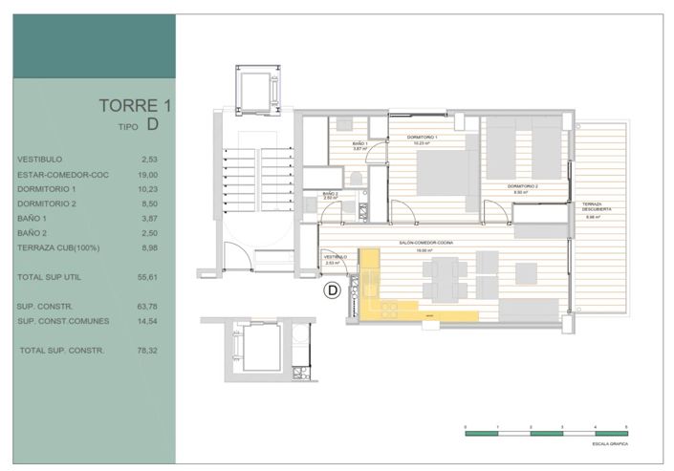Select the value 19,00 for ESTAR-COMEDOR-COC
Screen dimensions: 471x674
click(x=149, y=175)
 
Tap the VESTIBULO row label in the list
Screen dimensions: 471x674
click(x=40, y=160)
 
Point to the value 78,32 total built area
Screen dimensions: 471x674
click(x=149, y=351)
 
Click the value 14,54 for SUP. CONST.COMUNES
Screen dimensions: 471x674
click(x=149, y=320)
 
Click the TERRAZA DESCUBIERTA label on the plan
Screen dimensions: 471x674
click(x=598, y=207)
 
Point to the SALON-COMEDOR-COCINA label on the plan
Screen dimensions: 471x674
click(x=426, y=245)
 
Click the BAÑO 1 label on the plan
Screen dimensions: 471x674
click(x=359, y=143)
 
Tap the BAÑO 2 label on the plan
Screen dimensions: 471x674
click(x=331, y=194)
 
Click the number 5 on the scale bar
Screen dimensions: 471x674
click(x=626, y=426)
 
